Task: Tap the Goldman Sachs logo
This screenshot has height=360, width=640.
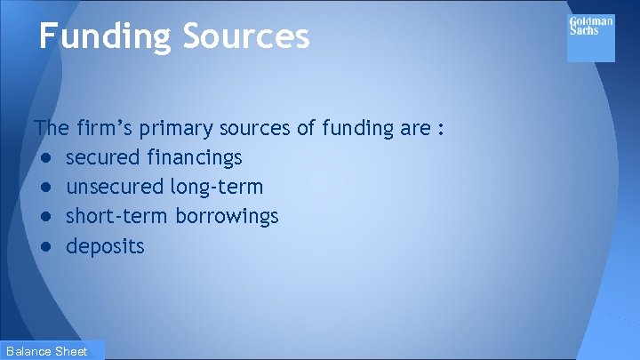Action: tap(590, 37)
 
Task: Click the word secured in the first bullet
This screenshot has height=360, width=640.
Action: tap(103, 158)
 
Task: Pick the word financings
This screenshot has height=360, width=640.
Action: tap(195, 158)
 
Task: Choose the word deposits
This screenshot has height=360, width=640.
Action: tap(105, 246)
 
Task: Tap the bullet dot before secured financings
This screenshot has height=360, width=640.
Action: tap(45, 159)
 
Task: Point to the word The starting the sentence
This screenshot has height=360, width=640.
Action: tap(49, 129)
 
